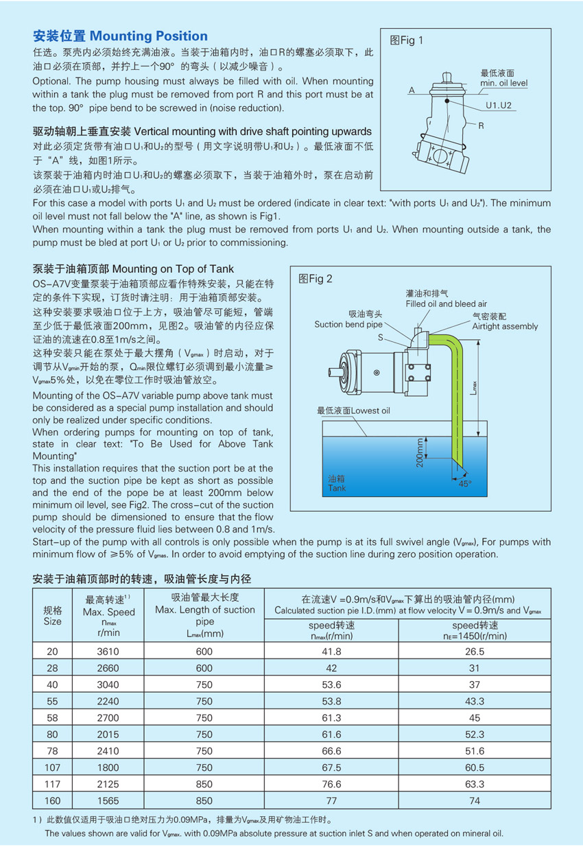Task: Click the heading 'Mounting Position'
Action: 149,36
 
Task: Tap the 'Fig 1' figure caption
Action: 407,40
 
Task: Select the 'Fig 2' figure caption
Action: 316,279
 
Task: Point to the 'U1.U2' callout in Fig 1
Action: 499,106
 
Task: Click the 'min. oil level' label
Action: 503,83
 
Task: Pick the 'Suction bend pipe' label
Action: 348,324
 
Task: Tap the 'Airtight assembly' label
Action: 505,326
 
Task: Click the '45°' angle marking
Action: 465,483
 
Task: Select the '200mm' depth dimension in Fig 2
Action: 420,453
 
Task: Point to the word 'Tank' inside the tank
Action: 337,489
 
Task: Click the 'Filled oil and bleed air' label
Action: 446,304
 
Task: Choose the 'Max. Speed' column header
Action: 109,611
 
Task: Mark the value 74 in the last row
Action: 473,800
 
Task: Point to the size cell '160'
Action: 52,800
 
